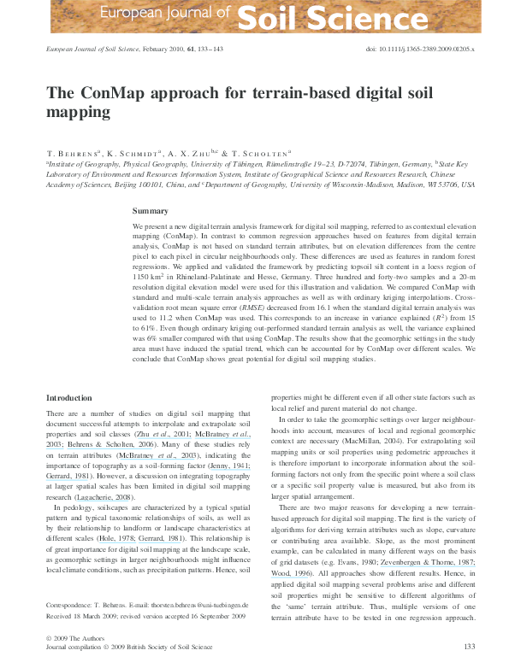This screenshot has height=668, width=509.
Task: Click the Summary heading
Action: click(151, 210)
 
